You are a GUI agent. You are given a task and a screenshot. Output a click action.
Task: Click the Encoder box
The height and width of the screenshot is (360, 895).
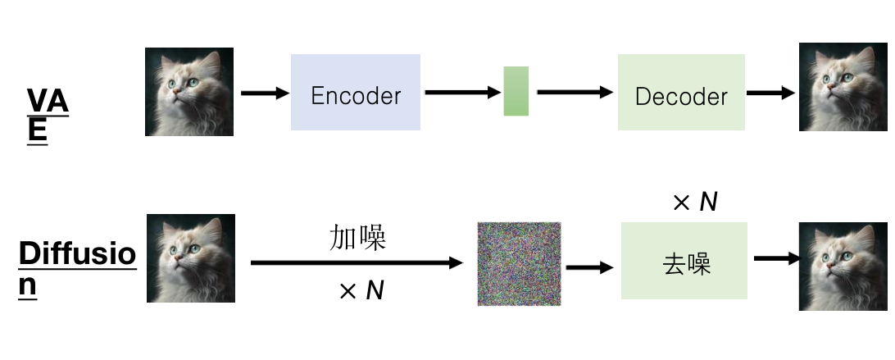point(356,93)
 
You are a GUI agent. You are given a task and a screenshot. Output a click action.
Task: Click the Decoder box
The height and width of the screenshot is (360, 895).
point(681,93)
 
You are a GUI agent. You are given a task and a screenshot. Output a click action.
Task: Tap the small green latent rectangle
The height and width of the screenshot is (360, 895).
point(516,91)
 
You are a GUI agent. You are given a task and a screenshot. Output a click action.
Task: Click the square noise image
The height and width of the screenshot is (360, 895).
point(519,263)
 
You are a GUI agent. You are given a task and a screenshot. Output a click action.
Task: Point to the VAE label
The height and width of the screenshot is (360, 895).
point(48,114)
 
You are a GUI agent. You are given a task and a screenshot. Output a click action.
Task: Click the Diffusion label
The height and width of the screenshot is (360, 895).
point(77,267)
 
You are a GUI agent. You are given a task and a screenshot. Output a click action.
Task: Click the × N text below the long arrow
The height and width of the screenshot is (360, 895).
point(361,290)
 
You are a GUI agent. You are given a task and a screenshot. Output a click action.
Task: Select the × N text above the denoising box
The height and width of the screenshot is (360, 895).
point(695,202)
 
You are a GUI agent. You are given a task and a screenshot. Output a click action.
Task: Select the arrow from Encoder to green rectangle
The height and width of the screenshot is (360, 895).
point(462,92)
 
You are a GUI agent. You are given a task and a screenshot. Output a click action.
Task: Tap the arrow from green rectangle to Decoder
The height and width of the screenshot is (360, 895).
point(575,93)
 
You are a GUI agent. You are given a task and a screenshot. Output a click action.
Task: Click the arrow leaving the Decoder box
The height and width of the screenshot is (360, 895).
point(771,93)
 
